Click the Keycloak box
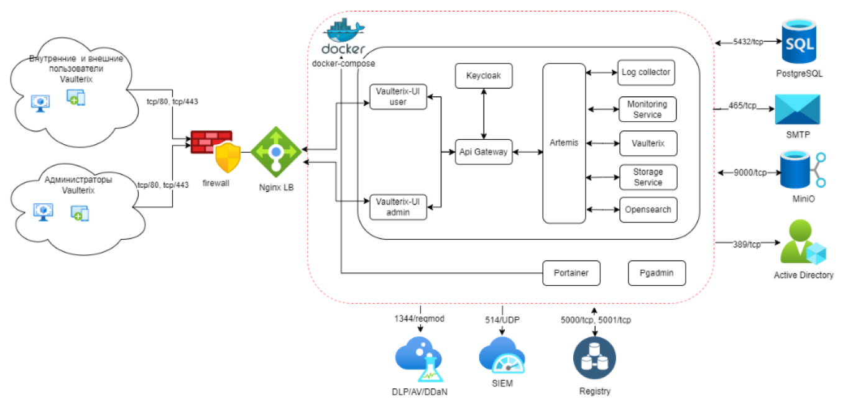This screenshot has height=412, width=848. (x=483, y=76)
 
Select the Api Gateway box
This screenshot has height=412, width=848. (x=483, y=152)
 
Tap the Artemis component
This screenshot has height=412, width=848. (x=564, y=143)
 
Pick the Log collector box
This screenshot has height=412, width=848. (x=647, y=73)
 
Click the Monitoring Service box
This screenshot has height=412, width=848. (x=647, y=109)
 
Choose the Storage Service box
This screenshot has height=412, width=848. (x=647, y=177)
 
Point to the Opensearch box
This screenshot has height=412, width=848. (x=647, y=209)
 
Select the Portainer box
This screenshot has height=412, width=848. (x=571, y=273)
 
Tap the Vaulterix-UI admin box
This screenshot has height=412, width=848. (x=399, y=207)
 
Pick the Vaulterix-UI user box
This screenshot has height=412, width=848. (x=399, y=97)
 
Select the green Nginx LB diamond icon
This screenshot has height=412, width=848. (x=275, y=150)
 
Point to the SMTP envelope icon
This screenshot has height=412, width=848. (x=797, y=111)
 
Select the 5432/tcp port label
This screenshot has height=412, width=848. (x=749, y=42)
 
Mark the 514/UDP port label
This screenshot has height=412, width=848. (x=502, y=320)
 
